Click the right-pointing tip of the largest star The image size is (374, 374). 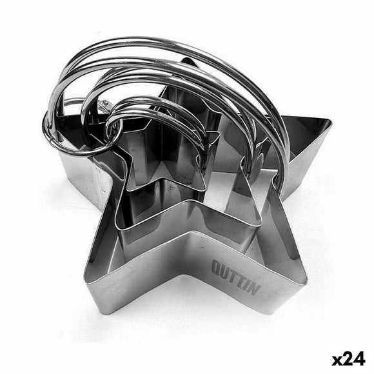pyautogui.click(x=331, y=121)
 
